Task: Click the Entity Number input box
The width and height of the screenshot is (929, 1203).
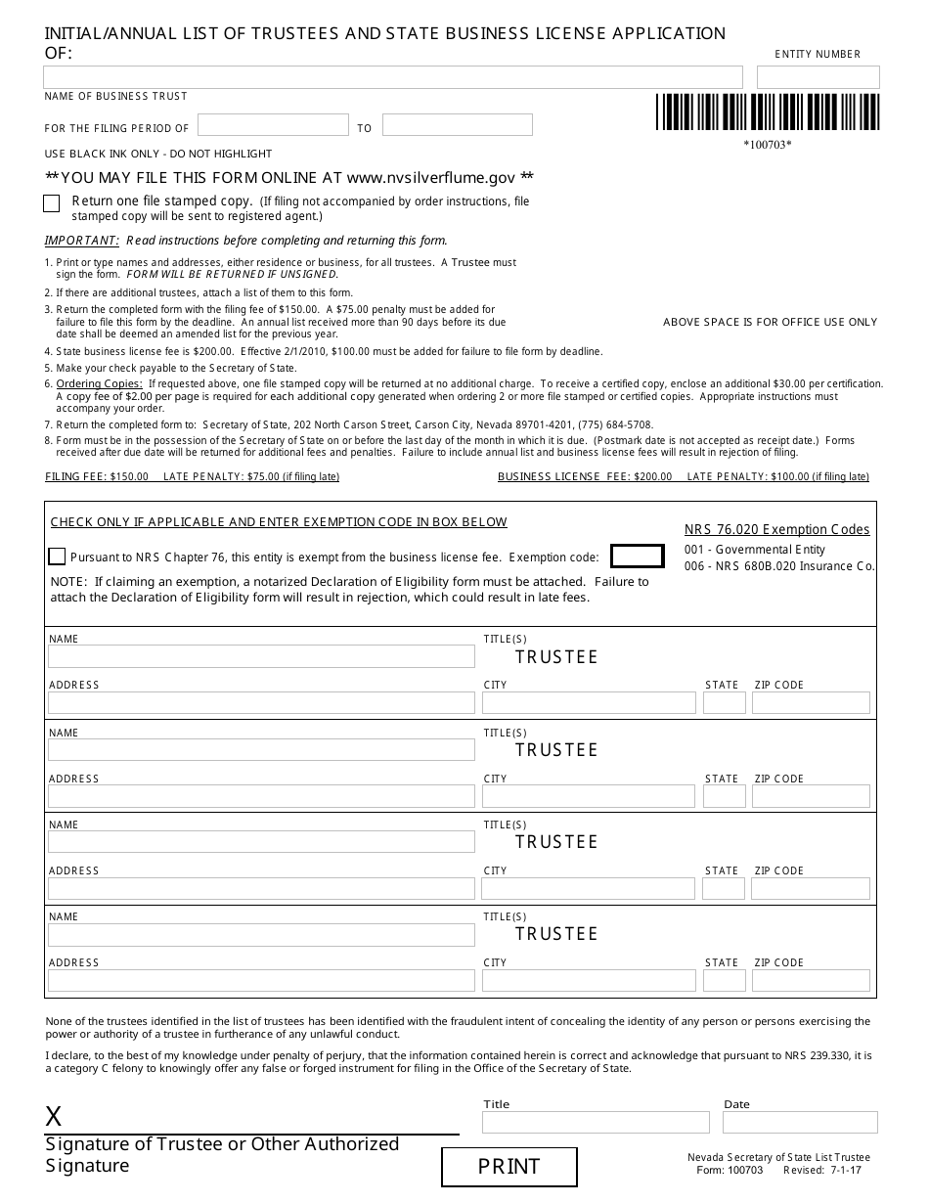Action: [x=818, y=77]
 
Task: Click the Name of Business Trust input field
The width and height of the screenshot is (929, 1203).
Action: [x=393, y=77]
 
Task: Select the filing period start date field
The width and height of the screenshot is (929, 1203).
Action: [x=273, y=125]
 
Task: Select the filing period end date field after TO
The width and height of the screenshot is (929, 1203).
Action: [x=457, y=125]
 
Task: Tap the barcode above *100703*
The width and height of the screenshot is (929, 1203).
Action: [x=767, y=112]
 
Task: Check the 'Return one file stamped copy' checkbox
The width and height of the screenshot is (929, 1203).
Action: [x=52, y=203]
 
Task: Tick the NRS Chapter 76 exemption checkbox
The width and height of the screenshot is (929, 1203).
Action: [x=57, y=557]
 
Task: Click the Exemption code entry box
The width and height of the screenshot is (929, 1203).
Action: [x=637, y=557]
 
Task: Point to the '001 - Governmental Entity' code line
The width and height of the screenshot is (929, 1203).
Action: [x=754, y=550]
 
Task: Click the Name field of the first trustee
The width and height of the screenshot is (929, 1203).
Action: [x=261, y=656]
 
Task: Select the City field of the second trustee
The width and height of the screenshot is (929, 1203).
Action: [x=588, y=796]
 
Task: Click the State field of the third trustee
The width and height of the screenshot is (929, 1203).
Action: [x=724, y=888]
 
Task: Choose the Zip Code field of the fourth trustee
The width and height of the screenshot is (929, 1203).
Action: [x=810, y=980]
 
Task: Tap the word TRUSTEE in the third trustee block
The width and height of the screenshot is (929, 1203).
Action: [x=556, y=842]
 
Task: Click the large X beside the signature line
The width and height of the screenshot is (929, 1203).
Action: [x=54, y=1117]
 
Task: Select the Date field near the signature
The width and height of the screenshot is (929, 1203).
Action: [x=800, y=1122]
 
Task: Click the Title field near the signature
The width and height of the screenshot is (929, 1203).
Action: [x=596, y=1122]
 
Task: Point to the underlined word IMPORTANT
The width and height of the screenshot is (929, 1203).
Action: [x=82, y=241]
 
